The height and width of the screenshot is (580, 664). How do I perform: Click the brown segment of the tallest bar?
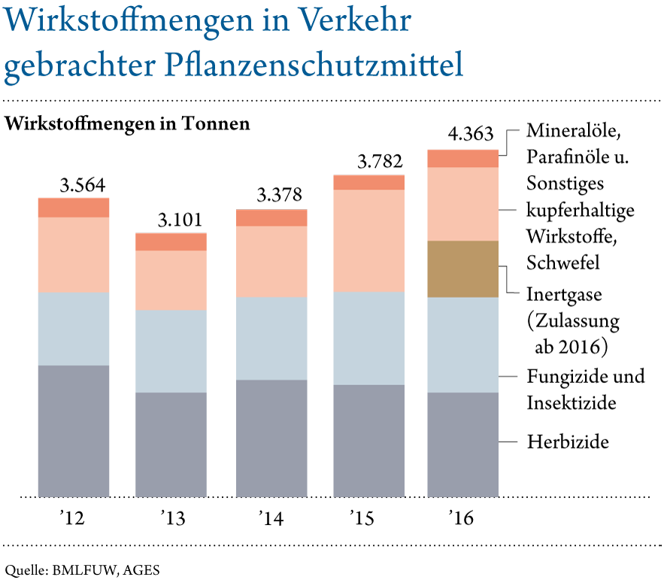coord(462,269)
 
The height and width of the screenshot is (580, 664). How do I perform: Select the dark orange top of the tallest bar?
coord(462,158)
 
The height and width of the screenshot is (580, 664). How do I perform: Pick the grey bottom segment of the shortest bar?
coord(171,445)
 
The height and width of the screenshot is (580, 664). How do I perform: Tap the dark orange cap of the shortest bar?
coord(171,241)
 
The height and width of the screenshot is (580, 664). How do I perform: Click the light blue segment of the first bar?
coord(74,329)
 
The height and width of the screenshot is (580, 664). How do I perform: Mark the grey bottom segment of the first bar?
coord(74,431)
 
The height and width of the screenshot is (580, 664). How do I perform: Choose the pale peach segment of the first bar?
coord(74,255)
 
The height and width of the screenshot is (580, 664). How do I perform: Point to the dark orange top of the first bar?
coord(74,207)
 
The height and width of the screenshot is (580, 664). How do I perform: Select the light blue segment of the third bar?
coord(271,339)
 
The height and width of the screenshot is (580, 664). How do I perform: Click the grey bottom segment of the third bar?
coord(271,439)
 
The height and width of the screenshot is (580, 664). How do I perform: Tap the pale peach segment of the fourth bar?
coord(368,241)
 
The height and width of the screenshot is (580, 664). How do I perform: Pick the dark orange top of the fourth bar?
coord(368,182)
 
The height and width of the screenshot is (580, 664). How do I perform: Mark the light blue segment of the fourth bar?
coord(368,339)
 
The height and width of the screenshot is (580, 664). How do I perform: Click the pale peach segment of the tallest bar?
coord(462,204)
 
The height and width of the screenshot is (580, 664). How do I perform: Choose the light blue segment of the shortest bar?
coord(171,351)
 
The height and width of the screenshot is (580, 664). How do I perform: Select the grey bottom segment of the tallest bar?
coord(462,445)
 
